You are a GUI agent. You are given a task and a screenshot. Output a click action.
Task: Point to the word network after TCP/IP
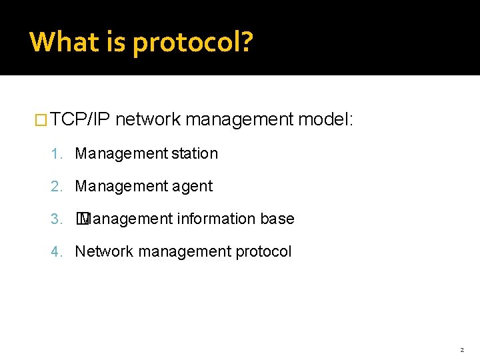coord(148,120)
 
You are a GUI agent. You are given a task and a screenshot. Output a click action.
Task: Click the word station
coord(195,153)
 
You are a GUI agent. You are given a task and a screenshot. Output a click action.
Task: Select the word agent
coord(193,186)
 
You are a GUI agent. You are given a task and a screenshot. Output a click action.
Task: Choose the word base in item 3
coord(277,219)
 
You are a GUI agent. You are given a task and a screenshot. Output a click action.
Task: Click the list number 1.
coord(55,153)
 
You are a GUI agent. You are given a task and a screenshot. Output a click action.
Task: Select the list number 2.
coord(55,186)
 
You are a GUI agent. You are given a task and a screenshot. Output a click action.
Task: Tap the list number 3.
coord(55,219)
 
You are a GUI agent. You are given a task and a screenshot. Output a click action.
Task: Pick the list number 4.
coord(55,251)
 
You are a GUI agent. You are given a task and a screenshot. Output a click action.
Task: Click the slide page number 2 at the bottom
coord(461,349)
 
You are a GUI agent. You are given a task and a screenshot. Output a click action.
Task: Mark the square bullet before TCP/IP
coord(41,121)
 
